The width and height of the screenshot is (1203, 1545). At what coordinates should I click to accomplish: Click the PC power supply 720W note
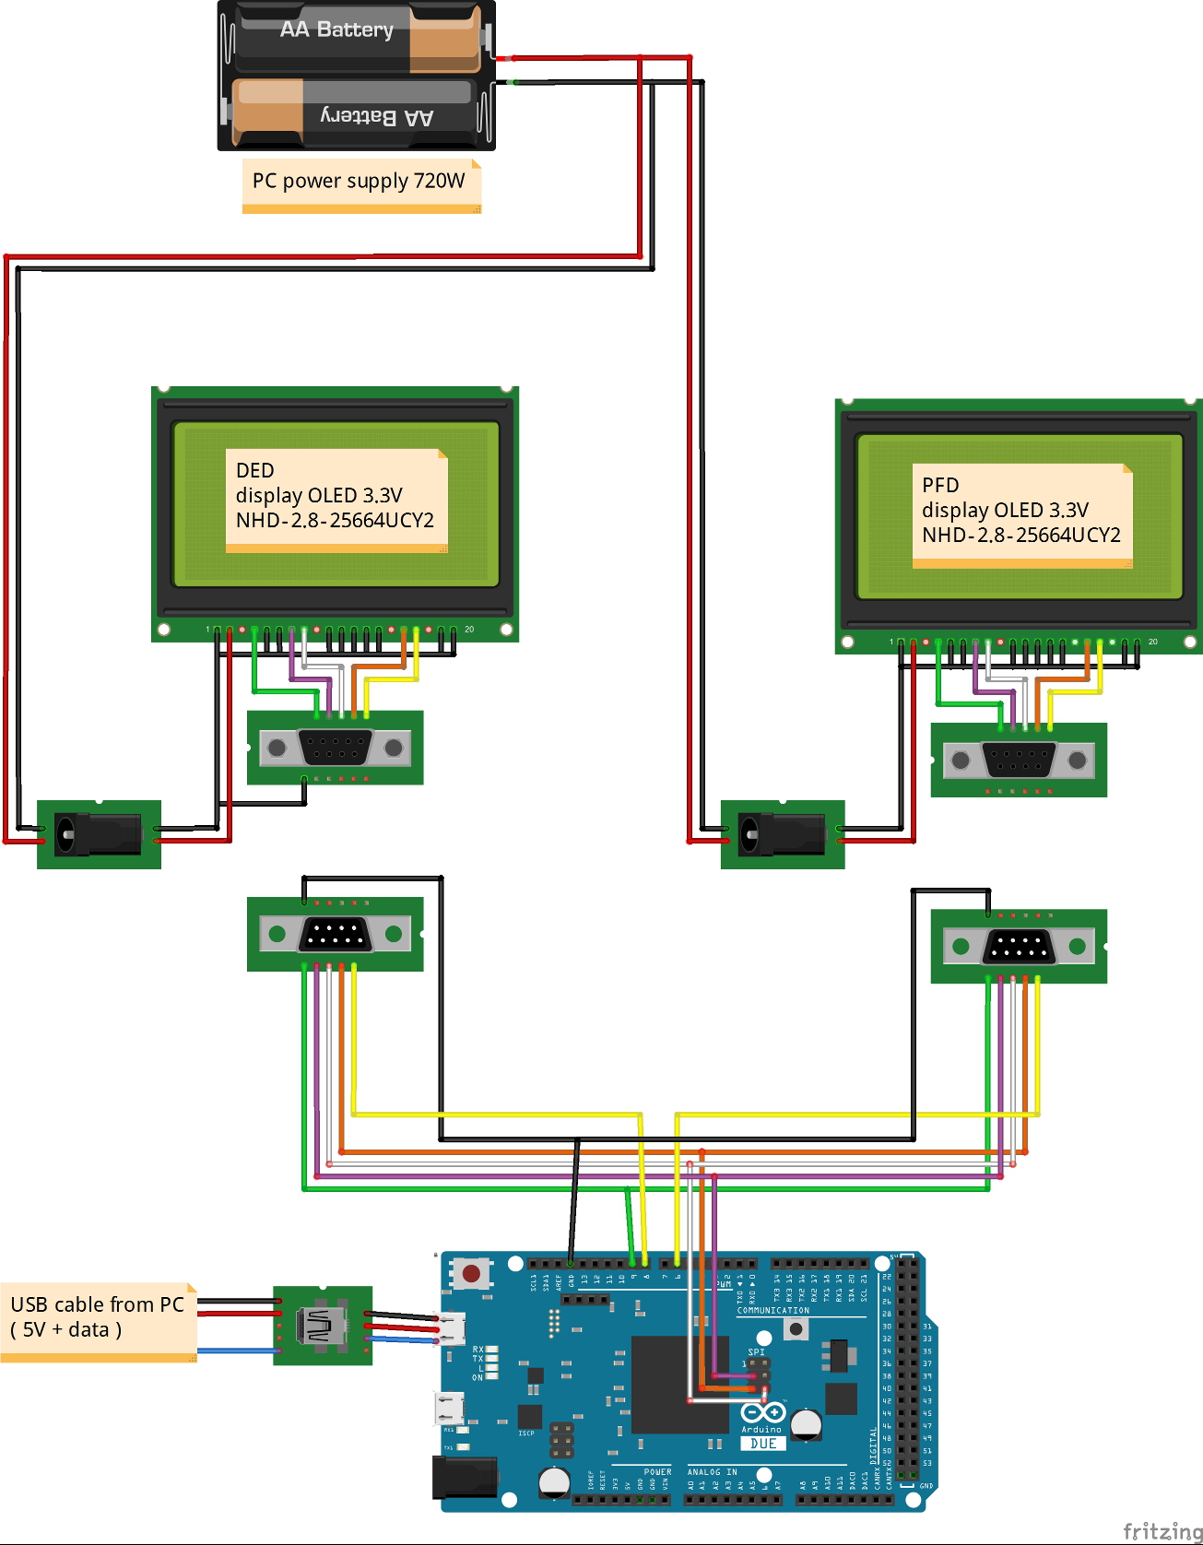(x=360, y=182)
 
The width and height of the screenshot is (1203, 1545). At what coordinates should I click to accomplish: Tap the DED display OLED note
(x=336, y=497)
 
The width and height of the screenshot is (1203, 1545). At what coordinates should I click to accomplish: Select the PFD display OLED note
(x=1021, y=512)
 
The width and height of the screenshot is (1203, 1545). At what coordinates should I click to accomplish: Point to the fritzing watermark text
(x=1162, y=1531)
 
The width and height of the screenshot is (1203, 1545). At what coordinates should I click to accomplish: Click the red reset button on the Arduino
(x=471, y=1274)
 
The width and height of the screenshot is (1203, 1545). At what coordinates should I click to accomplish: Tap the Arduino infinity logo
(x=762, y=1412)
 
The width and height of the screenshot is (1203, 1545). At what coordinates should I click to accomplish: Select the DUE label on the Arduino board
(x=763, y=1444)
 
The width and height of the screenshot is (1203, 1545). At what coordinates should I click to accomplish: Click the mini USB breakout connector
(x=321, y=1326)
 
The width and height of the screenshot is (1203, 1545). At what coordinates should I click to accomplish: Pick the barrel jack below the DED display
(x=97, y=834)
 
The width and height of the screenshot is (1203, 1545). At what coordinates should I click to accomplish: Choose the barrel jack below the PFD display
(x=781, y=834)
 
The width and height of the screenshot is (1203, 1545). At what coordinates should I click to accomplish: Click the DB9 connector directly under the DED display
(x=335, y=748)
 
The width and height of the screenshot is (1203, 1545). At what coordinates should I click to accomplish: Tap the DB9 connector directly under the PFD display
(x=1019, y=761)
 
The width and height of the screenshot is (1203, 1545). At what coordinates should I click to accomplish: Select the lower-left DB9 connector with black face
(x=335, y=934)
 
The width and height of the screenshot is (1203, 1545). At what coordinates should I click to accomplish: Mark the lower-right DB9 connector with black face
(x=1019, y=946)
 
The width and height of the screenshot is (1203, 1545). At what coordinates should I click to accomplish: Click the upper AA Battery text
(x=336, y=29)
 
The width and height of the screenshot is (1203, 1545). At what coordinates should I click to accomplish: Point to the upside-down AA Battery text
(x=377, y=117)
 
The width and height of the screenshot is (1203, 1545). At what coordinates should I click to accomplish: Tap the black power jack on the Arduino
(x=465, y=1478)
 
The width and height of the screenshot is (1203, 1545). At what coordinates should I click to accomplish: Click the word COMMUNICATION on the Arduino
(x=773, y=1310)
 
